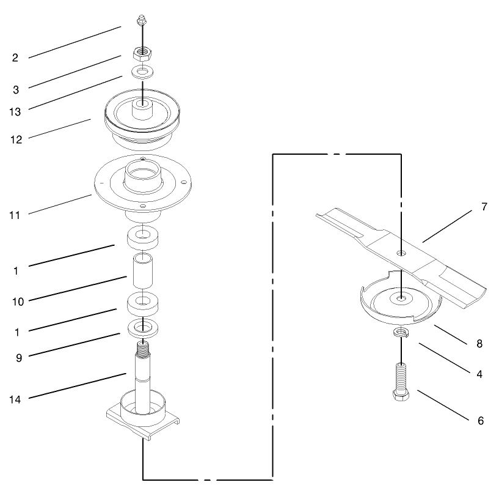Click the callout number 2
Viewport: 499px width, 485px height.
point(15,58)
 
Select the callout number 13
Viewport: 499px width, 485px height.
point(16,112)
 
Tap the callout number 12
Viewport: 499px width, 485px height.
point(16,139)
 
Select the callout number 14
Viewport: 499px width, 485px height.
point(16,399)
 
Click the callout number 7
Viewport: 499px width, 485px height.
point(484,207)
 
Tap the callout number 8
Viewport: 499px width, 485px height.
point(479,344)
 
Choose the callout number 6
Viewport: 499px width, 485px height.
point(480,421)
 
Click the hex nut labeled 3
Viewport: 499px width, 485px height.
point(142,52)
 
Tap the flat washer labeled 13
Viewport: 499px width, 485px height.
point(142,73)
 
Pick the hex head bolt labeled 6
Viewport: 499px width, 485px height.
point(401,383)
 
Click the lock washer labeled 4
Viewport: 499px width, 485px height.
point(401,333)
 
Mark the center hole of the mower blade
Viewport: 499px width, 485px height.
point(401,252)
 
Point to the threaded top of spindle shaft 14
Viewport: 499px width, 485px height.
point(143,350)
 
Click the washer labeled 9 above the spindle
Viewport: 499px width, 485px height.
point(143,327)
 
